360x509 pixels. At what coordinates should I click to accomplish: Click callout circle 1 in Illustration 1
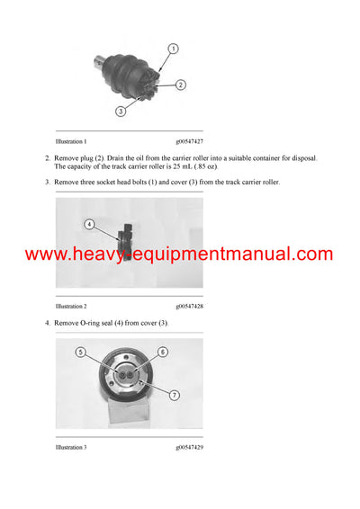173,49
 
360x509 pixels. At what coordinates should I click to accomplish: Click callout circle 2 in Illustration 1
180,85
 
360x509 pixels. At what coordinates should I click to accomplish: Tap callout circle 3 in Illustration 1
120,111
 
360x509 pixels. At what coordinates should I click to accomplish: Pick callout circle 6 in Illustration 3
163,352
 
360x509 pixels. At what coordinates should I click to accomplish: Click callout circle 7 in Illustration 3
175,394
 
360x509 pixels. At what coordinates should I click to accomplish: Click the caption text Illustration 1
71,141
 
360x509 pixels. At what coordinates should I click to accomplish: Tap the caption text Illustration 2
71,307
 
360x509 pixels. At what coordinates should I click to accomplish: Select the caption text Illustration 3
71,448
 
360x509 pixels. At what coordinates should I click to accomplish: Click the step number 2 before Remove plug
46,158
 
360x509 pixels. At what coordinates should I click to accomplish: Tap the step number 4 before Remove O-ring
46,323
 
